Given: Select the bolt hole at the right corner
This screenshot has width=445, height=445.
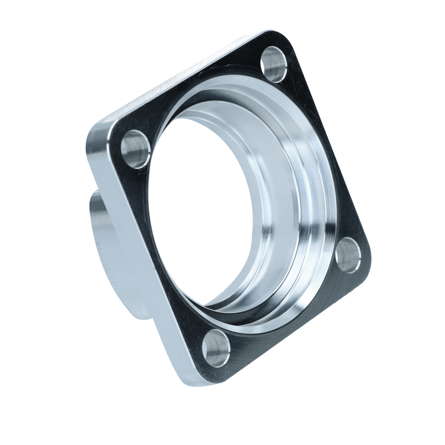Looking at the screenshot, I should point(349,255).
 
